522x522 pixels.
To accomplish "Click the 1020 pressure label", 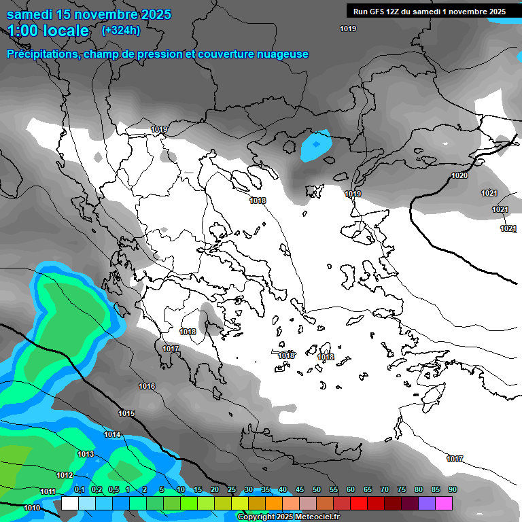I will (459, 175).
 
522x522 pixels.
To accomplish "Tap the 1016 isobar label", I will (147, 386).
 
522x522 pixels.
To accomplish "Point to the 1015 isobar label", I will (126, 413).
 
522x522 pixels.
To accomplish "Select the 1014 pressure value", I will (112, 434).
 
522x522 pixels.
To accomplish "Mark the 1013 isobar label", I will (86, 454).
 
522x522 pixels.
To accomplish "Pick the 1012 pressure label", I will (65, 475).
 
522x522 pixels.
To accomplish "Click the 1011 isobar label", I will (48, 491).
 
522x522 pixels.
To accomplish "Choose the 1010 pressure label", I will (32, 508).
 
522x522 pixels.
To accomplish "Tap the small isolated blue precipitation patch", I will (315, 145).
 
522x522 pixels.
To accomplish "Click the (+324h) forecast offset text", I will (121, 30).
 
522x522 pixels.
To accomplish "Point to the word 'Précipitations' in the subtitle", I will (43, 54).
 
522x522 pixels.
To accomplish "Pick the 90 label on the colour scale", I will (453, 490).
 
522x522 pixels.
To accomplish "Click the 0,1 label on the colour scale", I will (79, 490).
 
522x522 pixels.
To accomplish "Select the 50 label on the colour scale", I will (317, 490).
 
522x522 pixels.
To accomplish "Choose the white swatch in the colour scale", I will (70, 503).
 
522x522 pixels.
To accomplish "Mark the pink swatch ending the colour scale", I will (444, 503).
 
